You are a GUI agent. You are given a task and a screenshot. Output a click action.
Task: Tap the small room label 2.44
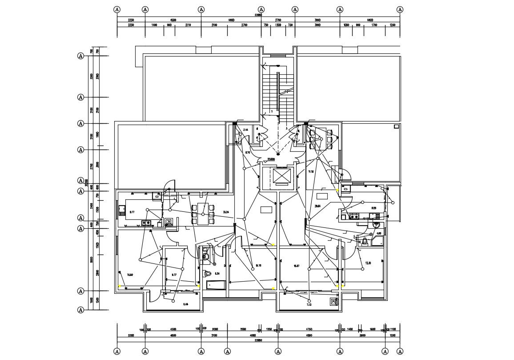click(245, 130)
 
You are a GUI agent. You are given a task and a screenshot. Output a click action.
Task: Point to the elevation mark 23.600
click(271, 159)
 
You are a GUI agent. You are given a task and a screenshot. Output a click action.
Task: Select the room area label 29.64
click(317, 206)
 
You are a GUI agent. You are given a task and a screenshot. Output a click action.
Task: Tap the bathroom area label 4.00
click(378, 233)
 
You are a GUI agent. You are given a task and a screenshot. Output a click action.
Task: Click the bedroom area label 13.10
click(368, 263)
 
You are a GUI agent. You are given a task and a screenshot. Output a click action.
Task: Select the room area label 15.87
click(297, 266)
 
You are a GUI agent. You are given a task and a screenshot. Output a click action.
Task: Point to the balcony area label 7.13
click(309, 305)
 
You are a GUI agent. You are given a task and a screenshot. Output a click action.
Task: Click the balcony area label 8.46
click(185, 304)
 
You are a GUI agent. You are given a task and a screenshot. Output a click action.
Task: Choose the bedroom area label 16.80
click(130, 275)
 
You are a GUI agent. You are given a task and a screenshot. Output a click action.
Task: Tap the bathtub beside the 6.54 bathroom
click(216, 285)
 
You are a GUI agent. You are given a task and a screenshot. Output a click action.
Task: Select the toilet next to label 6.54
click(208, 273)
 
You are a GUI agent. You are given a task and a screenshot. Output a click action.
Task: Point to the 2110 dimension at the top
click(188, 25)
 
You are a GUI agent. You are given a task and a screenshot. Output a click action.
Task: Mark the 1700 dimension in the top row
click(374, 25)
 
